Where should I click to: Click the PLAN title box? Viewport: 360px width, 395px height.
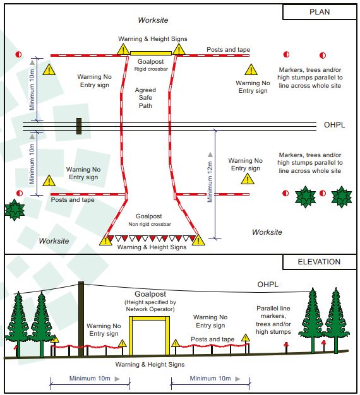320,12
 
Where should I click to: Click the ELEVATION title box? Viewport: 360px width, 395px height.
319,262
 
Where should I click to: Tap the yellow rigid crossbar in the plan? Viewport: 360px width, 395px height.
151,53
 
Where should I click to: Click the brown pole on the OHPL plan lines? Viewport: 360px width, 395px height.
79,126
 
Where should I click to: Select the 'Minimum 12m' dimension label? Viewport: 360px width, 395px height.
210,182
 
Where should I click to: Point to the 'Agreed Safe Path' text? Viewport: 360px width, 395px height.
145,98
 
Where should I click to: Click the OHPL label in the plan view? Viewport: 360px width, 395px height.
334,125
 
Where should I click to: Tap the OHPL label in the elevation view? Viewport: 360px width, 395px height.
268,285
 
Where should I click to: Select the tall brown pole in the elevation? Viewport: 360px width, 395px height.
81,319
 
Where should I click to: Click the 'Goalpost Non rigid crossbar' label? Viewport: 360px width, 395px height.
150,220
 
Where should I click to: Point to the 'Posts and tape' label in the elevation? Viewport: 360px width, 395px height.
212,339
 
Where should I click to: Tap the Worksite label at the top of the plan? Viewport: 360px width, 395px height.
153,20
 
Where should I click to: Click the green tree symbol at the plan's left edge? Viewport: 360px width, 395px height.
15,210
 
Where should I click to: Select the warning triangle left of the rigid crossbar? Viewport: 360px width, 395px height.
123,49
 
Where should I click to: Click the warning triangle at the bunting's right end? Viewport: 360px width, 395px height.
198,240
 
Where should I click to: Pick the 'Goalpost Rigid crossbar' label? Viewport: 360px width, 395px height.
151,65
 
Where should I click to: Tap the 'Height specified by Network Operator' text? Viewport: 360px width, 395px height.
150,305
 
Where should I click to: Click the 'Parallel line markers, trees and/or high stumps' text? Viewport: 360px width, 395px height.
273,320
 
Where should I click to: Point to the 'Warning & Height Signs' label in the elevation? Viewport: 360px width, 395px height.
150,365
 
